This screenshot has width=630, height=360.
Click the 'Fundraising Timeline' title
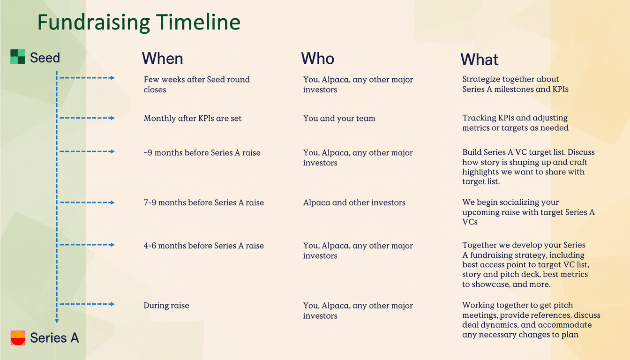[139, 22]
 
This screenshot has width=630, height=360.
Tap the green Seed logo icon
[18, 57]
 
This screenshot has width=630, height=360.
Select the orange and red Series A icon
[18, 337]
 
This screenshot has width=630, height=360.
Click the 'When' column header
[162, 59]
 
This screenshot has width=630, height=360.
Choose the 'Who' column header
[317, 59]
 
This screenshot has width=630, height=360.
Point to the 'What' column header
[479, 60]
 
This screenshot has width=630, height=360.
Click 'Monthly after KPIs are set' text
[193, 118]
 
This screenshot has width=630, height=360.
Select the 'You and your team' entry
[339, 118]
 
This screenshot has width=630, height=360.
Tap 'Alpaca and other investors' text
[354, 203]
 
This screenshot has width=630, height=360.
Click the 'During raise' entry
[166, 306]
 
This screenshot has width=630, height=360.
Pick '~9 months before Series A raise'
[202, 153]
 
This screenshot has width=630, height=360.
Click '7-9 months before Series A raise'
[203, 203]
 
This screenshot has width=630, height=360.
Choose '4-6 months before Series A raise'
[203, 246]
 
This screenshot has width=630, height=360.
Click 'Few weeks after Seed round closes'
[196, 84]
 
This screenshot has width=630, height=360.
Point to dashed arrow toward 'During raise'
[87, 304]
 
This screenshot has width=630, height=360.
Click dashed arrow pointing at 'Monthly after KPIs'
[87, 118]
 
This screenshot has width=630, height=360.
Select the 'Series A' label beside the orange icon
[54, 337]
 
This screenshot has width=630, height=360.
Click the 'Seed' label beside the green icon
[45, 58]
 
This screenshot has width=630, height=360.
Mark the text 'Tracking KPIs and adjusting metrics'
[515, 123]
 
